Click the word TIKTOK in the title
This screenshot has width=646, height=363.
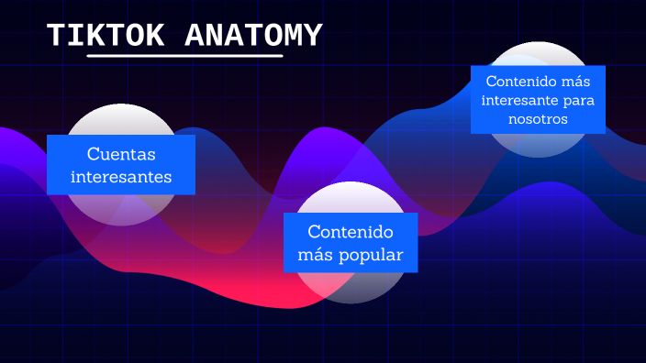click(x=106, y=36)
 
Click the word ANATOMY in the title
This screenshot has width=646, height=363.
click(x=253, y=36)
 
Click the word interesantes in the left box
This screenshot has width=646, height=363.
click(x=121, y=176)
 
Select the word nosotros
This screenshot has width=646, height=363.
click(x=538, y=119)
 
